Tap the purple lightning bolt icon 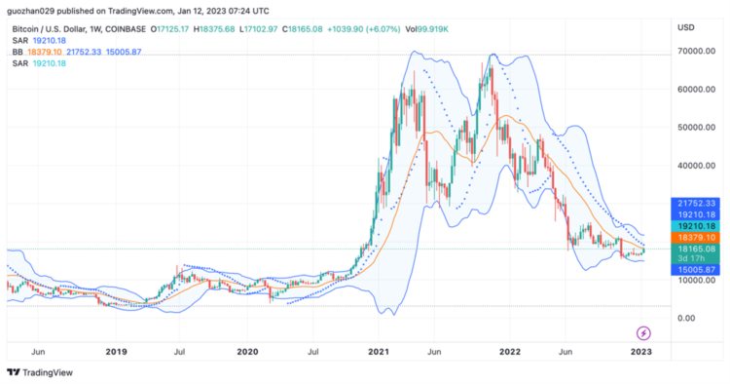(642, 332)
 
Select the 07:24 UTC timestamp (248, 11)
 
